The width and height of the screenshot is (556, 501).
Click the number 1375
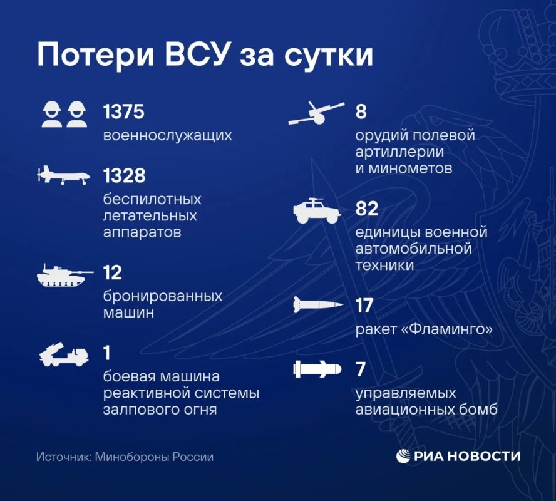(x=124, y=111)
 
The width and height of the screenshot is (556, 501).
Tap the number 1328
(x=124, y=175)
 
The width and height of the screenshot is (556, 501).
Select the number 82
(x=367, y=209)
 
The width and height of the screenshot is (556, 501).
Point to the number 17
(x=364, y=305)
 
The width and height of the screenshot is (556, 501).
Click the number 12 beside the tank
(x=113, y=272)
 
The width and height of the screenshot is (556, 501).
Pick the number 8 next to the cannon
(x=361, y=111)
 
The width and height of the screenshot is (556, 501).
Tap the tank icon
(x=65, y=276)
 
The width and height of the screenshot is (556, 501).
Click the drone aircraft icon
(x=63, y=175)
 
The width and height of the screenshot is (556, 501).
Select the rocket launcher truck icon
(x=64, y=354)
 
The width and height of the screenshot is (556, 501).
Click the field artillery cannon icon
(x=316, y=113)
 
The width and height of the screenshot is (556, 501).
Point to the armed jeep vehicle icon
(x=317, y=210)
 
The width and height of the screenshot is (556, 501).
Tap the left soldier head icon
(x=52, y=114)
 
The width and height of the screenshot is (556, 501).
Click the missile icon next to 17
(x=318, y=305)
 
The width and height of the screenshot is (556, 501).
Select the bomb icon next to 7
(x=317, y=369)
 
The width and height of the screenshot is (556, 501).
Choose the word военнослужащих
(x=167, y=135)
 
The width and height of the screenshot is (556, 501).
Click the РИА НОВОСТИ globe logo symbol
(x=403, y=456)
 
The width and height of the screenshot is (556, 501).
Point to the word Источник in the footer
(x=64, y=457)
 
